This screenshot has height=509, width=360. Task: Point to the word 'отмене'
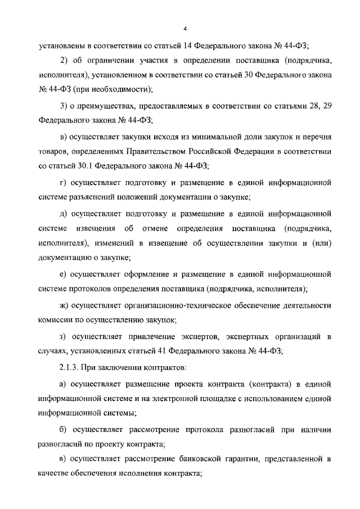pos(156,228)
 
